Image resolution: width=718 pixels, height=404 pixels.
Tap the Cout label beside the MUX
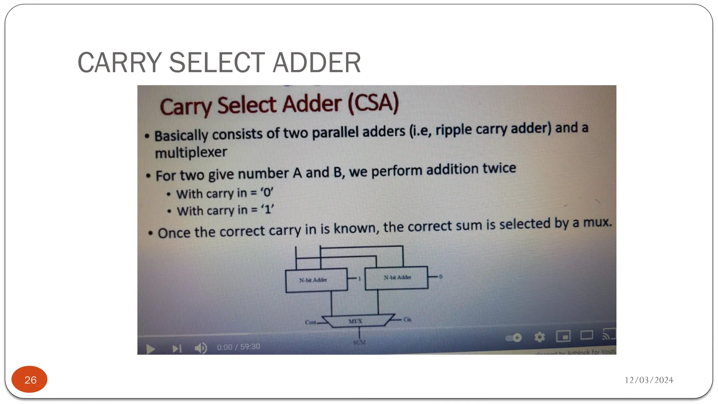point(310,322)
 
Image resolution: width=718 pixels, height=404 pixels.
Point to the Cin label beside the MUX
point(407,319)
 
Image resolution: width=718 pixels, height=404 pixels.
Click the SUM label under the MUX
point(359,342)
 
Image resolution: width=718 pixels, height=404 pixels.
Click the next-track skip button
point(177,348)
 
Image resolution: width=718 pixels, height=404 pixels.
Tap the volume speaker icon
point(201,348)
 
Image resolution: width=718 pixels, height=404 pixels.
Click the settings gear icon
point(540,337)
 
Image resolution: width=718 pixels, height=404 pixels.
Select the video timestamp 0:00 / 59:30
point(238,347)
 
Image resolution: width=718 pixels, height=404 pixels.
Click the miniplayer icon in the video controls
point(563,336)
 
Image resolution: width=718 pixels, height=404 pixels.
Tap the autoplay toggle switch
point(514,338)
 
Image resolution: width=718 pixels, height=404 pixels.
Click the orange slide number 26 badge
point(29,379)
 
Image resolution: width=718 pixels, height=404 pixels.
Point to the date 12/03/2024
point(649,380)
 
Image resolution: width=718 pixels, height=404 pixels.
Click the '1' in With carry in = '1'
point(268,209)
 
